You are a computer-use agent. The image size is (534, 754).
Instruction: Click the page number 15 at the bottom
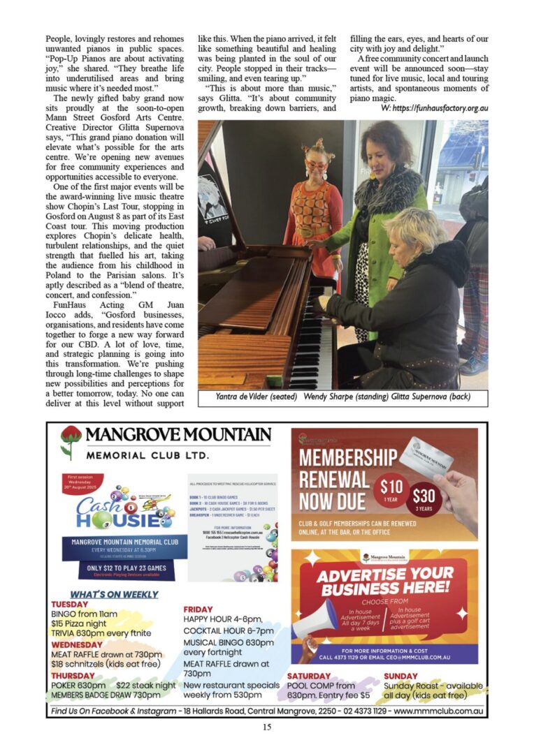266,727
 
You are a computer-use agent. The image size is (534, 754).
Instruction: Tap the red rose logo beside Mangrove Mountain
71,441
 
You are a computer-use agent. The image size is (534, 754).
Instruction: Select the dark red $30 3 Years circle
424,499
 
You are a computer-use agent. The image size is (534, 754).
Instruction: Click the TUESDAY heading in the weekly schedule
69,605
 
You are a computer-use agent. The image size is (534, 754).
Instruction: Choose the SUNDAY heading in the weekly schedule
400,676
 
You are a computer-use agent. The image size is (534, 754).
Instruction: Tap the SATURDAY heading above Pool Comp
308,676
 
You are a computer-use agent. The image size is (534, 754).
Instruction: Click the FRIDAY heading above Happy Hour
198,609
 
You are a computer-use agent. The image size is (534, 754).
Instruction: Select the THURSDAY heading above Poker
73,676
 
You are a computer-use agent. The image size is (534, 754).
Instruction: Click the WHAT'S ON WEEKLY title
114,594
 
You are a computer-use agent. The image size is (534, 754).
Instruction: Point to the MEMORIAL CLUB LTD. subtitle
147,455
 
